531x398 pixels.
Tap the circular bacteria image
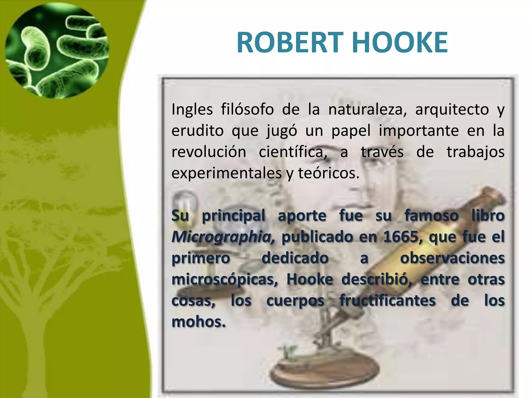pos(57,51)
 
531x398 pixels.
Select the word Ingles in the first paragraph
pos(192,109)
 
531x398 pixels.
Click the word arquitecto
pos(452,109)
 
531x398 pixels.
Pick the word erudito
pos(197,131)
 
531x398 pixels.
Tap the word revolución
pos(209,152)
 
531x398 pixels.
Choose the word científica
pos(293,152)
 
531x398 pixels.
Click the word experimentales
pos(226,173)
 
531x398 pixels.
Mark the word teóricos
pos(329,173)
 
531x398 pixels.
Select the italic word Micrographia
pos(223,237)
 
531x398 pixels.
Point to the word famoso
pos(431,216)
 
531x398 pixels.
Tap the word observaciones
pos(452,258)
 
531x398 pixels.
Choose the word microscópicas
pos(225,279)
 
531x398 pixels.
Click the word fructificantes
pos(387,301)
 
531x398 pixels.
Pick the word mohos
pos(198,322)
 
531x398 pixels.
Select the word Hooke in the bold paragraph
pos(310,279)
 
